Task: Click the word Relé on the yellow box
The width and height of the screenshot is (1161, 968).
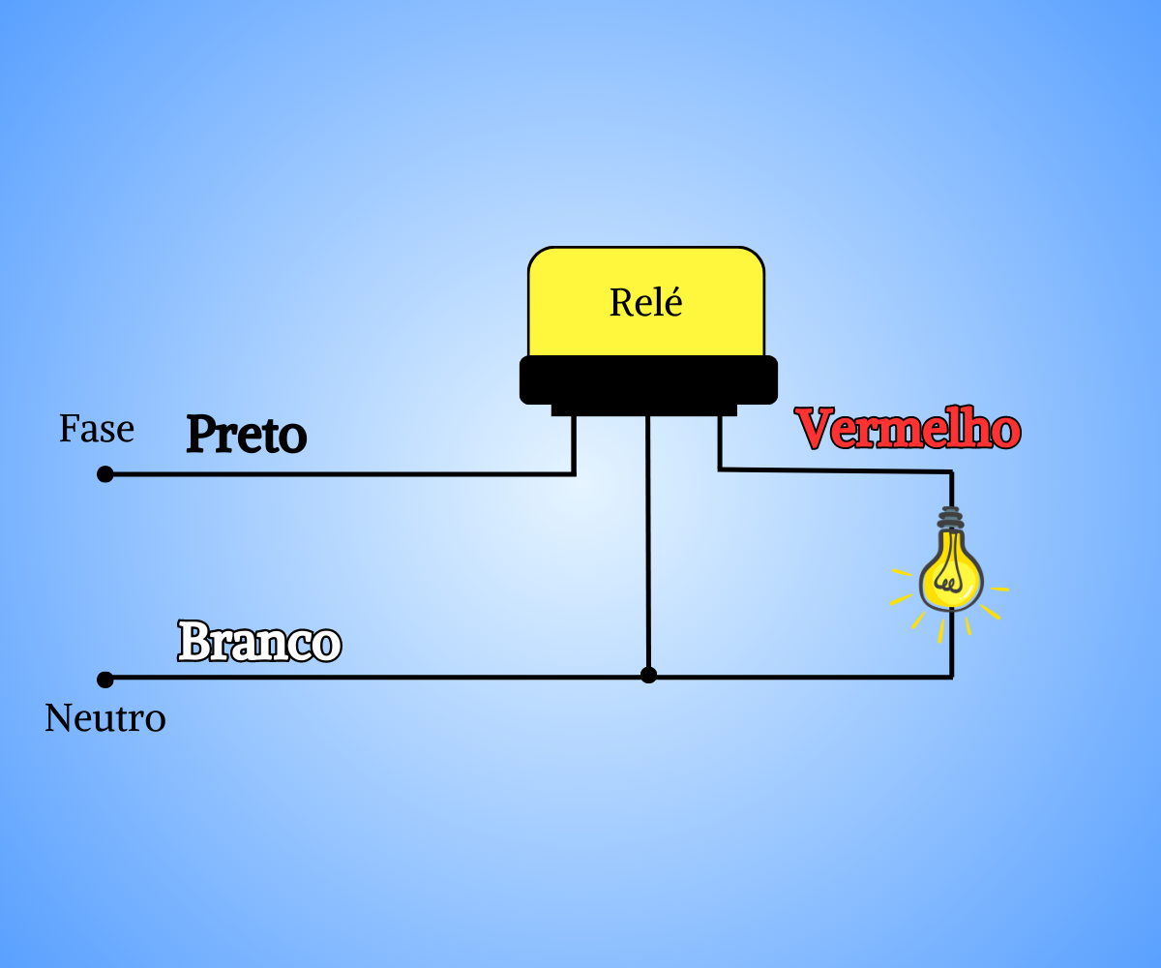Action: (645, 303)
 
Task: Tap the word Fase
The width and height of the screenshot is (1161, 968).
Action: (96, 429)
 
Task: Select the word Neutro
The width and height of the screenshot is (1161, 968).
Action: (105, 718)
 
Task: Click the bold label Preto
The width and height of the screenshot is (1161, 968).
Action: (247, 434)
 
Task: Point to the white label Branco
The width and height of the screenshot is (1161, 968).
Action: (259, 642)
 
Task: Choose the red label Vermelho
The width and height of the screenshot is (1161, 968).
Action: (908, 428)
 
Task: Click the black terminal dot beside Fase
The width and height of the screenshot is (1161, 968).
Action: (105, 474)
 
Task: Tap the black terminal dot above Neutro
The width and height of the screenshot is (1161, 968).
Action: (105, 680)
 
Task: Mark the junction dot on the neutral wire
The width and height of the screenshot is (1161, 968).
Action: (648, 675)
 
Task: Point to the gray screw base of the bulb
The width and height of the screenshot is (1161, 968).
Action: (951, 518)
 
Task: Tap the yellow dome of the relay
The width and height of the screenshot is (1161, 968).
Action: (646, 301)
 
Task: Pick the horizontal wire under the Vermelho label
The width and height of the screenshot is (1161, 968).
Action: (835, 470)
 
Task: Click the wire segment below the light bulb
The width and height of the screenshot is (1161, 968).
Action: (952, 644)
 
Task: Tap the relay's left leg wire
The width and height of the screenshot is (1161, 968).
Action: (574, 445)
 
